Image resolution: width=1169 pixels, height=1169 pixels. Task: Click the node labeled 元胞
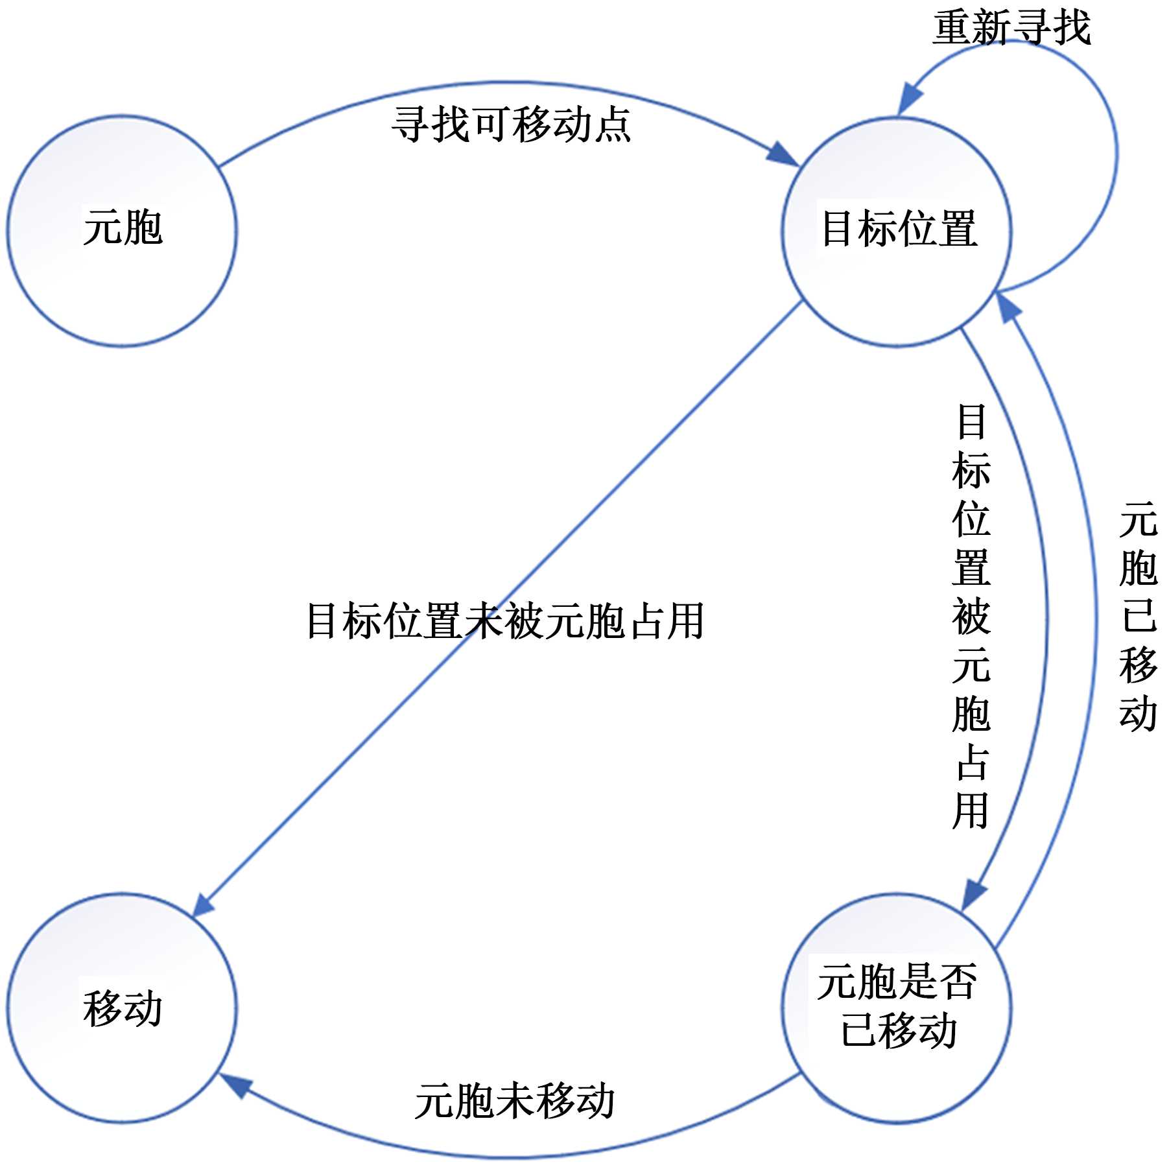point(122,231)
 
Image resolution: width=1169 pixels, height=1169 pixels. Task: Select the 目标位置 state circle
point(896,231)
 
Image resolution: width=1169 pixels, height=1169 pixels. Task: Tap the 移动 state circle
point(122,1008)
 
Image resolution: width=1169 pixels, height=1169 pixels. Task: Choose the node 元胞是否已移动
point(896,1008)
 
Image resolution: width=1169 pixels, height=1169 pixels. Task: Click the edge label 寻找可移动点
point(511,124)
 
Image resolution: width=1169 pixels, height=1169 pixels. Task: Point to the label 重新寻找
point(1011,29)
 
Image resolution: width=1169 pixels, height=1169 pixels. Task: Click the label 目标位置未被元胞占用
point(504,621)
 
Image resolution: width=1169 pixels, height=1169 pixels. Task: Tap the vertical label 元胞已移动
point(1138,616)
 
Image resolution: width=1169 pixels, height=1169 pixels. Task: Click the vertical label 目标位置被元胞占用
point(971,616)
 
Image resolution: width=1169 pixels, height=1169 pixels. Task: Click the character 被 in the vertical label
point(971,617)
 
